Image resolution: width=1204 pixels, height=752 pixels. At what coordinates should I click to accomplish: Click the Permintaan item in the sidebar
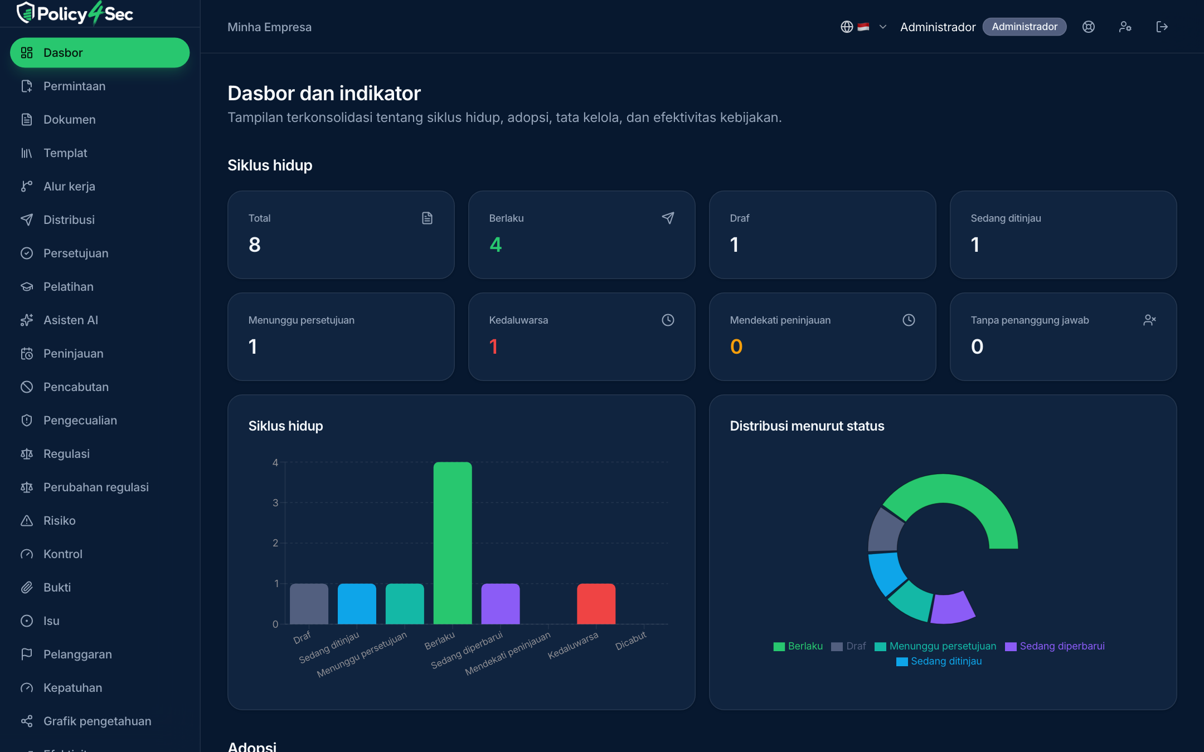74,86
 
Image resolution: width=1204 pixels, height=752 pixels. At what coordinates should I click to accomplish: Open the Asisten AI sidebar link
70,320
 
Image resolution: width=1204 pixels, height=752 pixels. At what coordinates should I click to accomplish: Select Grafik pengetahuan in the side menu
97,721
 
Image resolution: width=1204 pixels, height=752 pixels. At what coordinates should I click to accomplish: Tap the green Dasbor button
100,53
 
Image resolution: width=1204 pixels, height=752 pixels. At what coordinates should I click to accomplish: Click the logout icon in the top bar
1162,27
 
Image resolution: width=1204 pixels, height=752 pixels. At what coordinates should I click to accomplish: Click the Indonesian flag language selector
863,27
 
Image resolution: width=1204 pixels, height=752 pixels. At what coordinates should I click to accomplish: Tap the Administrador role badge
1024,27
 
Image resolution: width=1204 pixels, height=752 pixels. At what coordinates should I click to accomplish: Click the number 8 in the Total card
255,245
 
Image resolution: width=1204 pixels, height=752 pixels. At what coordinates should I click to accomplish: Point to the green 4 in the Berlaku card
496,245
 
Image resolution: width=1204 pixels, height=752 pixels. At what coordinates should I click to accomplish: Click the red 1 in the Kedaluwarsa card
493,346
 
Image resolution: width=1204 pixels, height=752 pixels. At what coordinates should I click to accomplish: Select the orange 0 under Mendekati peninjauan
736,346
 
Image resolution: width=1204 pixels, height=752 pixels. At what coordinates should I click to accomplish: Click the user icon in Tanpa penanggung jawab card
1149,320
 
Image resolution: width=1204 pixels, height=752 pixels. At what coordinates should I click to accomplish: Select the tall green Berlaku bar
453,543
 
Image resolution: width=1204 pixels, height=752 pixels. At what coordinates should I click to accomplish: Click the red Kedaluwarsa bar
596,604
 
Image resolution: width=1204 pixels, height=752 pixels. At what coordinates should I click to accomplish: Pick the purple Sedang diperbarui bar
501,604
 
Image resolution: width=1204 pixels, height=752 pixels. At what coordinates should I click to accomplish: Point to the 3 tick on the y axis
275,503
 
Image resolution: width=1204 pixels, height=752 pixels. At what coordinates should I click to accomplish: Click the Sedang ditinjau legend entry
939,661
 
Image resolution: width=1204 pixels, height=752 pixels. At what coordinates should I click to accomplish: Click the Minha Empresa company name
269,27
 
